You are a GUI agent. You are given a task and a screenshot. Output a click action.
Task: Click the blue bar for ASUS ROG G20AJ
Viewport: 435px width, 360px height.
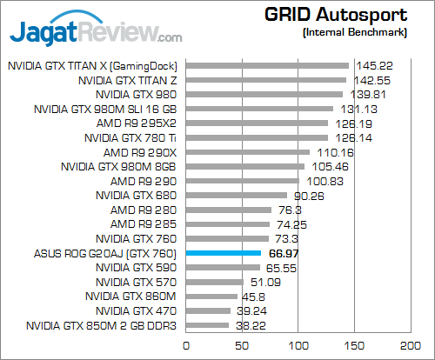pos(224,253)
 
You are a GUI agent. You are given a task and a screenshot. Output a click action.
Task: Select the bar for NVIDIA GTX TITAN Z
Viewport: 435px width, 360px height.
pos(265,79)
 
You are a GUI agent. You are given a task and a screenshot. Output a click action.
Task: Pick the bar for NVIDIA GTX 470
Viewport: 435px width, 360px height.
pos(208,310)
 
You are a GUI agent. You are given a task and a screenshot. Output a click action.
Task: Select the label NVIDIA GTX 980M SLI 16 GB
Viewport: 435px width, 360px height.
pos(105,109)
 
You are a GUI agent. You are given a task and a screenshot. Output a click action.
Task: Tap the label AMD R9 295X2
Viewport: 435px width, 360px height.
pos(137,123)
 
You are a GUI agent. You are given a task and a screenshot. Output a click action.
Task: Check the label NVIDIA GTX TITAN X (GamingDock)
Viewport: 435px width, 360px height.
pos(92,65)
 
